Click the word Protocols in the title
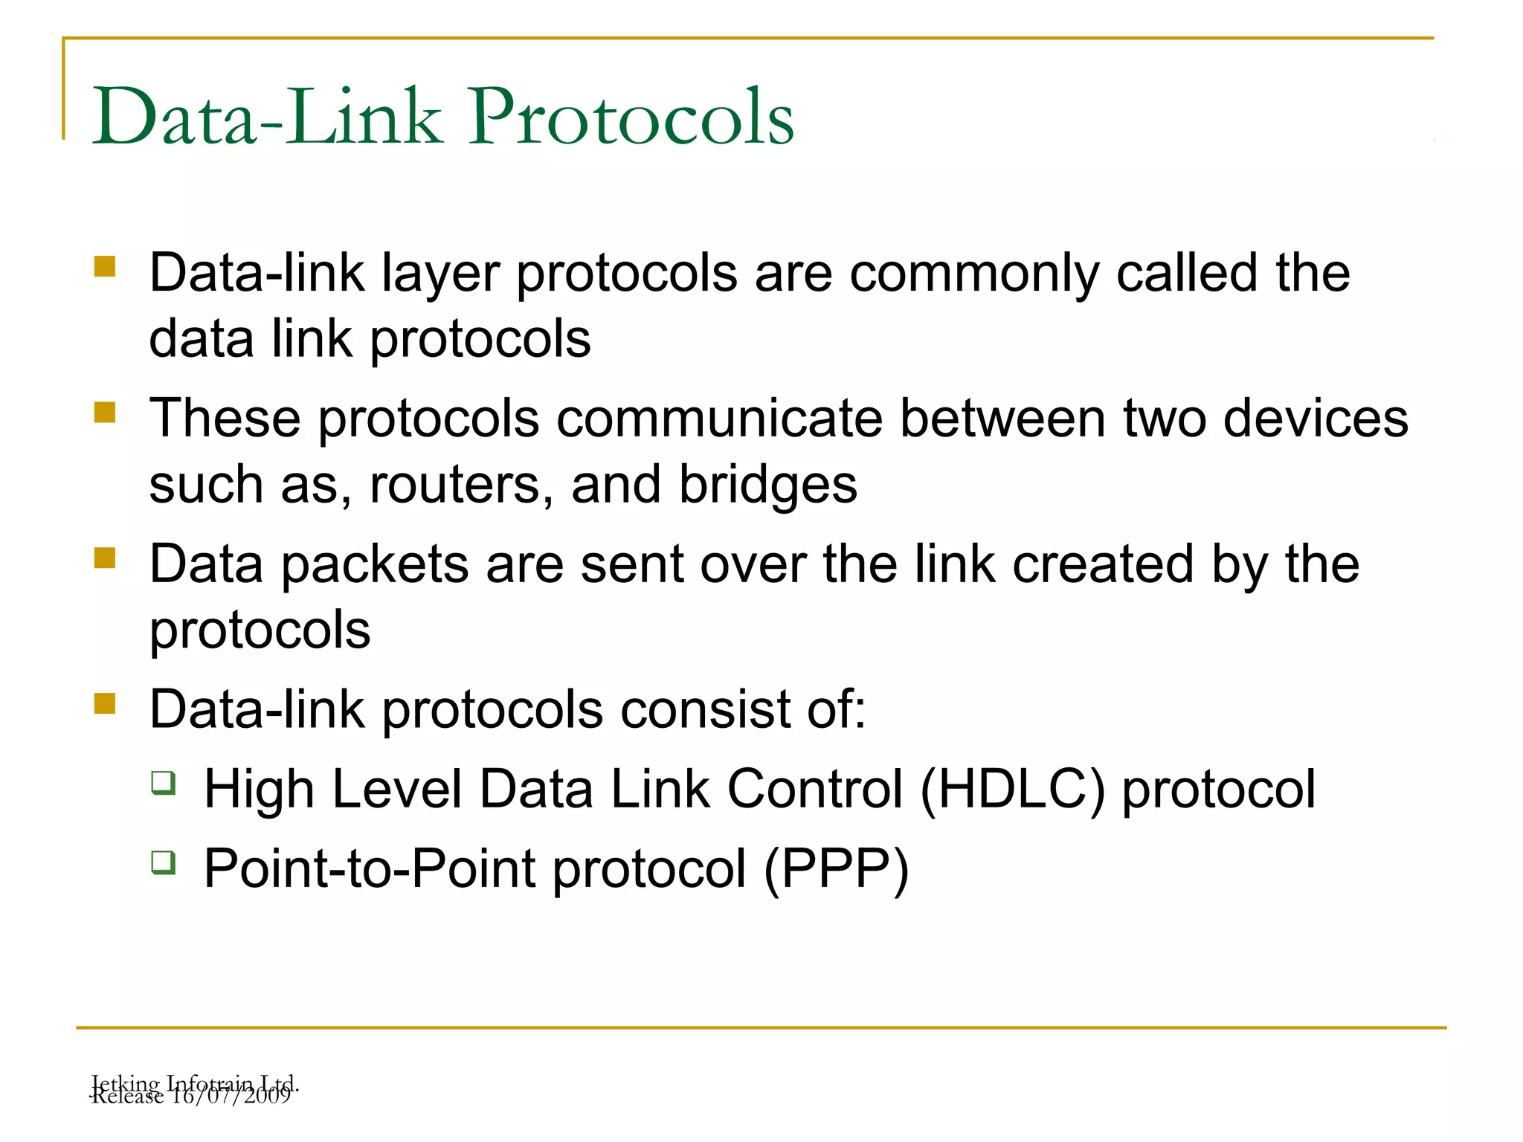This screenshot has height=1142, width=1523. [631, 116]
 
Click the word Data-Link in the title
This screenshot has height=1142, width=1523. [267, 116]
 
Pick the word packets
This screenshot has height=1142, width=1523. [375, 564]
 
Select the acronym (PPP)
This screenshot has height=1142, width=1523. [837, 868]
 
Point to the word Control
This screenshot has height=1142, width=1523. [814, 789]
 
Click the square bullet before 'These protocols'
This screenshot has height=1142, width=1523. [105, 412]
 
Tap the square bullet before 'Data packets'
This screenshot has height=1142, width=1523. [105, 558]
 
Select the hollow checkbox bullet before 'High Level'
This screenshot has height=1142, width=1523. [164, 783]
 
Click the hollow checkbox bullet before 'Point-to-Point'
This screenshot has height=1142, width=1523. [164, 862]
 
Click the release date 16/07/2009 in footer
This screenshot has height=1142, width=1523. [231, 1096]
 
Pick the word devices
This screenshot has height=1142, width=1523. [1316, 419]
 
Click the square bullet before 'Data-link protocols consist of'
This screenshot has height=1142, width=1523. [105, 703]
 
